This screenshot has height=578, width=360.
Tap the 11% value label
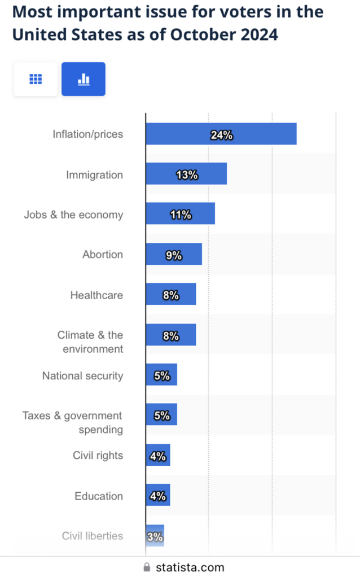coord(181,215)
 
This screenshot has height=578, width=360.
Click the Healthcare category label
coord(96,295)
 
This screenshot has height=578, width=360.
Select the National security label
coord(82,376)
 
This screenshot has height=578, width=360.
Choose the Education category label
coord(99,496)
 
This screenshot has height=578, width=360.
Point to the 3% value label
coord(155,536)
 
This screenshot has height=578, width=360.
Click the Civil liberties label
coord(92,536)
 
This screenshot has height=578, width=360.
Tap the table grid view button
coord(36,79)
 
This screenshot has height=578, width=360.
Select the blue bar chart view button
coord(84,79)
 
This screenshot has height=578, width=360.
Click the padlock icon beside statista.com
coord(148,567)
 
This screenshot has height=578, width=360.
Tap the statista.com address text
coord(190,567)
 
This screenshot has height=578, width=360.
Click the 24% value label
coord(221,135)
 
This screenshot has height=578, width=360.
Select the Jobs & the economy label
coord(73,215)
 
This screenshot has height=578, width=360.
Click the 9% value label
coord(174,256)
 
